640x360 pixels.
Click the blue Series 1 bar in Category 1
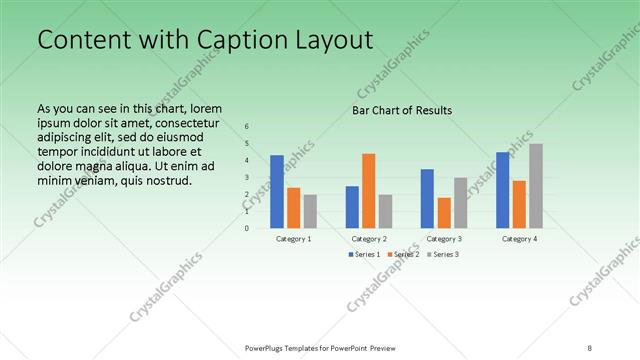click(277, 191)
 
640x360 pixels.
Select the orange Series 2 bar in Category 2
click(368, 190)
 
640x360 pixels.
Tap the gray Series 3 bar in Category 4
click(536, 185)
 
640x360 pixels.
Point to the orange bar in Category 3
click(444, 212)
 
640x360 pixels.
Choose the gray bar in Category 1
click(310, 211)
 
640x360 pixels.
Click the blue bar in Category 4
click(502, 189)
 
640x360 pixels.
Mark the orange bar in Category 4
click(519, 204)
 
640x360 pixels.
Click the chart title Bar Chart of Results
click(402, 110)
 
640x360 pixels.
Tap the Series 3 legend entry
click(442, 254)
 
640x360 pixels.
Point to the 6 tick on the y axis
click(247, 127)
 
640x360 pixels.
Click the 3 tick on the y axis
click(247, 177)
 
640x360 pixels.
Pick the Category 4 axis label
click(519, 239)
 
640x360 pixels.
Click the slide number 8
click(590, 347)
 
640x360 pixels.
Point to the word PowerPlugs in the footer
click(268, 347)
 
